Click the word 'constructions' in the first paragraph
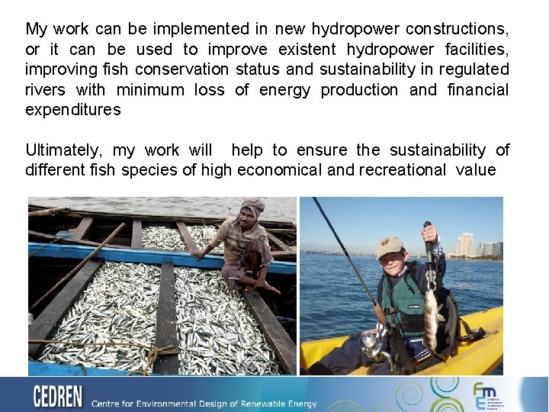457,30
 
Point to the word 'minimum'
150,90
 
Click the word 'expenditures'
72,110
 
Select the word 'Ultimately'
63,150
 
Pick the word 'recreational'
396,170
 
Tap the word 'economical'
279,170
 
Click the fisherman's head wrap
252,206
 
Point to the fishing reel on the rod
372,343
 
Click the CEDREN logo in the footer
59,397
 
